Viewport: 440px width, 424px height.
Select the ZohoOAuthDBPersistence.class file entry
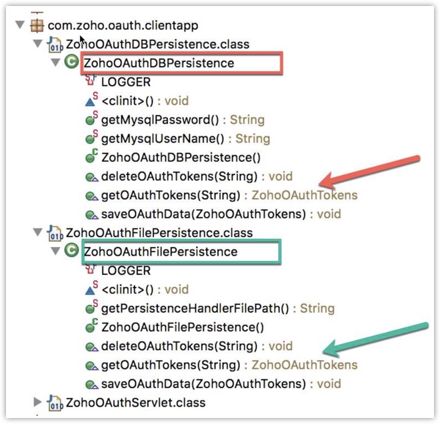click(x=157, y=45)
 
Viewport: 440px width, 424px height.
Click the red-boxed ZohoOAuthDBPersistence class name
click(x=158, y=63)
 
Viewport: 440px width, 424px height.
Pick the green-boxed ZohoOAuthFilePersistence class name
click(x=160, y=252)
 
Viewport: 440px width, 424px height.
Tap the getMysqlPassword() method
click(x=160, y=120)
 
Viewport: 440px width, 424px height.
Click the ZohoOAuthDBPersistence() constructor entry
click(x=180, y=158)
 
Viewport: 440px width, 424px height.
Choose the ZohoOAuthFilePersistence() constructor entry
click(x=182, y=327)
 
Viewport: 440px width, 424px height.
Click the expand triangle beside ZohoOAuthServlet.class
click(x=37, y=402)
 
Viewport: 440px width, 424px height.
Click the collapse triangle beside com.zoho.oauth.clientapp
click(x=19, y=25)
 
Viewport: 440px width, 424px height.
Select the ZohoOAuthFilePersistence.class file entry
click(x=159, y=233)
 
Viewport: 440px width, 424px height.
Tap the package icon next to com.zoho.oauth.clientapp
click(x=36, y=25)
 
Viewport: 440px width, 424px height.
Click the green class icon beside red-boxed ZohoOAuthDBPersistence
click(x=71, y=63)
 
